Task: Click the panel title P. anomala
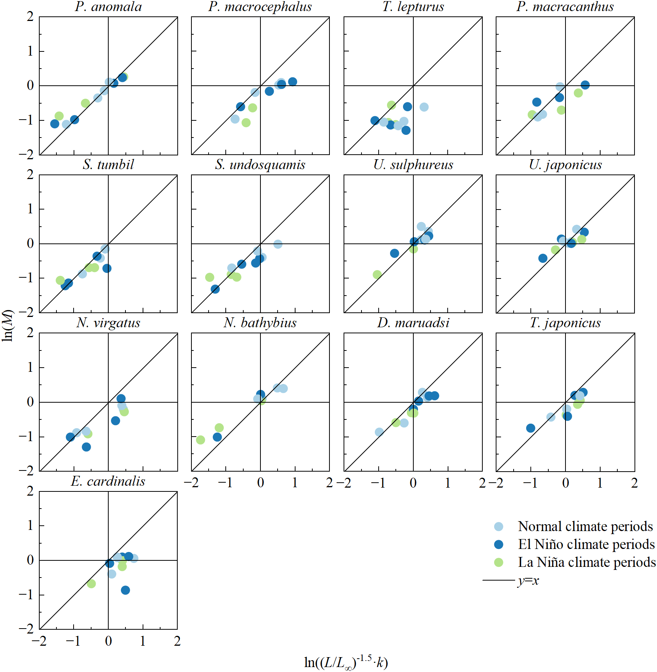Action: click(x=108, y=7)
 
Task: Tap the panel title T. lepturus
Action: click(x=413, y=7)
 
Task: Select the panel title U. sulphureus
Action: click(x=413, y=165)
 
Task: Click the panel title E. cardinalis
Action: click(x=108, y=481)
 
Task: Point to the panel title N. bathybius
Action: click(x=260, y=323)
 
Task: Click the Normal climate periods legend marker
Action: click(x=498, y=527)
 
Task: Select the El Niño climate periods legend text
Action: click(x=586, y=544)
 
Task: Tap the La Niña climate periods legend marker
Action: click(x=498, y=562)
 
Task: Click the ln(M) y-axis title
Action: click(x=8, y=325)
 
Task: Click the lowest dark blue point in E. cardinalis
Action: click(x=125, y=590)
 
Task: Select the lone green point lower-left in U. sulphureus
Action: click(x=377, y=275)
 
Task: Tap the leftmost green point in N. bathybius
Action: click(x=201, y=440)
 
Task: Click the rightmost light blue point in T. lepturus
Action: click(x=424, y=107)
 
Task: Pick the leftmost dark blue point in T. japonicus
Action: click(x=530, y=428)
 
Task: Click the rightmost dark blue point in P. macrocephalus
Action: click(x=292, y=82)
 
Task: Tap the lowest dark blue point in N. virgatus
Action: click(x=87, y=447)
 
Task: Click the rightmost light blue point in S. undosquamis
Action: click(x=278, y=244)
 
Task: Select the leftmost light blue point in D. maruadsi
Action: click(x=379, y=432)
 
